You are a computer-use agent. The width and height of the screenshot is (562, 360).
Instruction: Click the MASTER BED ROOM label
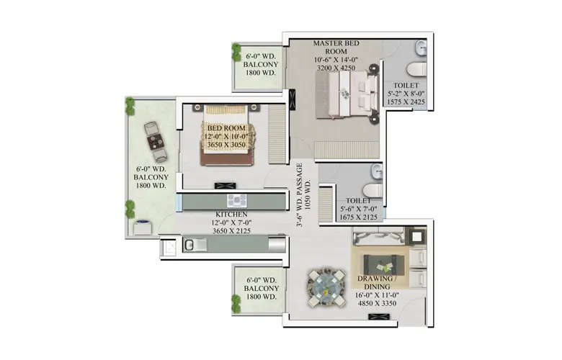click(x=336, y=48)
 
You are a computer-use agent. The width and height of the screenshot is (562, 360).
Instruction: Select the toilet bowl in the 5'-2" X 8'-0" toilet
click(x=414, y=70)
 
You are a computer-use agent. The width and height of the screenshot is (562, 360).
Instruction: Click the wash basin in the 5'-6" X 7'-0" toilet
click(x=375, y=173)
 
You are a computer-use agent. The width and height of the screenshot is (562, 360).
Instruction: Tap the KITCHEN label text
click(x=231, y=215)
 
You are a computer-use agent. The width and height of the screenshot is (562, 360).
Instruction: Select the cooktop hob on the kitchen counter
click(x=237, y=201)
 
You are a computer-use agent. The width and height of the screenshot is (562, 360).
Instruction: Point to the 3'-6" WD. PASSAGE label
click(x=304, y=203)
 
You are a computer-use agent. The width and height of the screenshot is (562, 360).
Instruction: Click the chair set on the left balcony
click(x=154, y=141)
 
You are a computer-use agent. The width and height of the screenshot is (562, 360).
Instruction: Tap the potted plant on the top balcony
click(x=236, y=52)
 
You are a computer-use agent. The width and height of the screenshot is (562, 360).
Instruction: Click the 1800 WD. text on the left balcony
click(x=151, y=186)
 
